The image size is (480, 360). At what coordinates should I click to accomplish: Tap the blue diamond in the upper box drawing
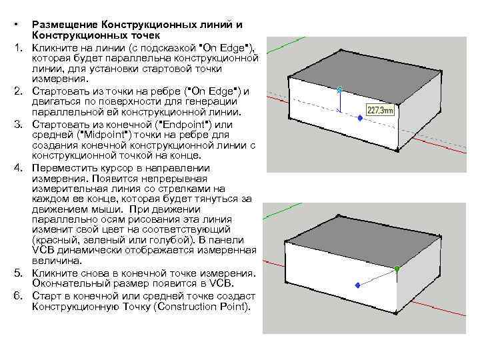point(360,118)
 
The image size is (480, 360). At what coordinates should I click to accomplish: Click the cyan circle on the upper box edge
point(340,89)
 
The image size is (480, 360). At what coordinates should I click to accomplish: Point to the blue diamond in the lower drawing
point(357,285)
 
